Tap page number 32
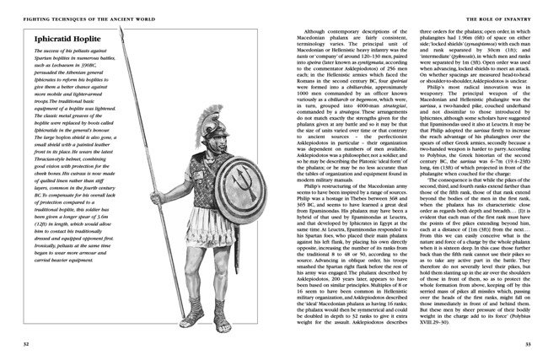pyautogui.click(x=28, y=345)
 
